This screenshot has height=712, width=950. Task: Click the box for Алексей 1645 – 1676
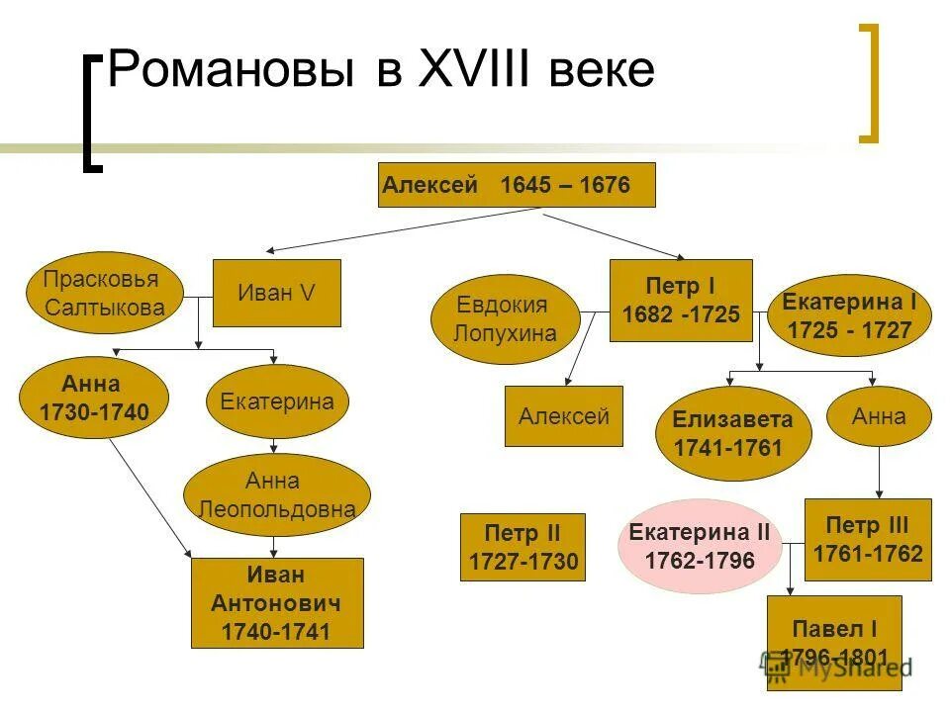click(517, 185)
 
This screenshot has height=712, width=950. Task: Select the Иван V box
click(277, 293)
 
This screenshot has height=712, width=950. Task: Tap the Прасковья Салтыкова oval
click(101, 293)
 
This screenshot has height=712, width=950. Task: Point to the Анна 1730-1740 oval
click(94, 399)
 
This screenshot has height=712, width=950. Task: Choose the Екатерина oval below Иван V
click(277, 401)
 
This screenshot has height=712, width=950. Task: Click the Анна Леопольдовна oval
click(277, 495)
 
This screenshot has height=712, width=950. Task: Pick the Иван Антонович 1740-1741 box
click(277, 603)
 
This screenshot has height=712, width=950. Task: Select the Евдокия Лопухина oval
click(505, 318)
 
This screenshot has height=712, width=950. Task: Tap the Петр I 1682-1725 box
click(681, 301)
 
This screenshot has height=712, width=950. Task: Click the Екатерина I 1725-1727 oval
click(850, 315)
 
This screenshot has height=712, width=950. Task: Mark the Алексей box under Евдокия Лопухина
click(564, 416)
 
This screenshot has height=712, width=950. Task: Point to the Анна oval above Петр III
click(879, 416)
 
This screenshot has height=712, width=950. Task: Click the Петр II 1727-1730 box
click(523, 547)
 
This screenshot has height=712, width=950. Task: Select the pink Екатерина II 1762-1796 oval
click(700, 546)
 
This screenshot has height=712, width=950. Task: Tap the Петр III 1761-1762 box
click(868, 539)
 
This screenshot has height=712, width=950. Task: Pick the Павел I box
click(834, 642)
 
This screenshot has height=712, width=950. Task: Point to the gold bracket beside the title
click(869, 83)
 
